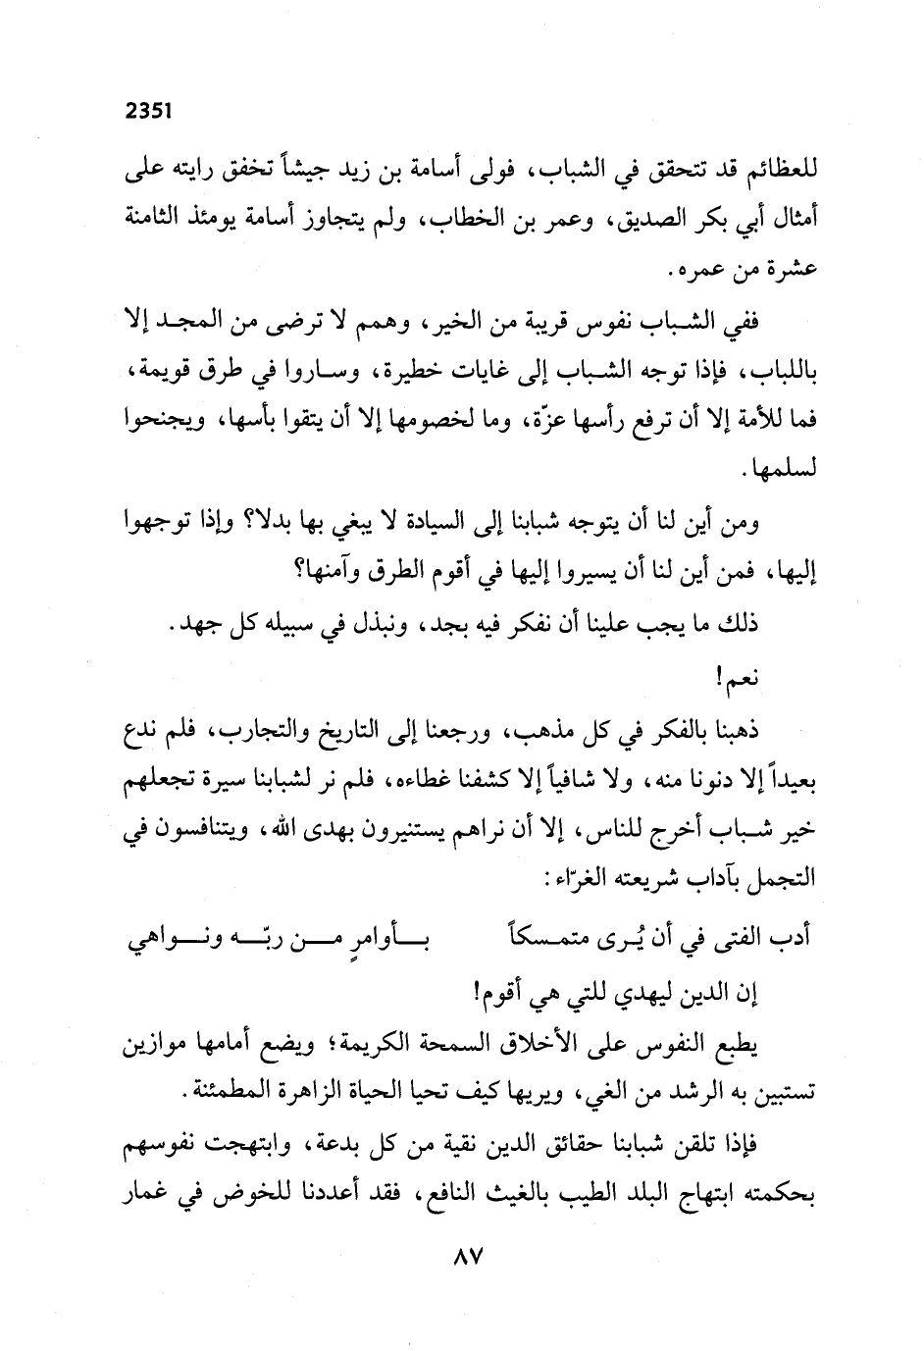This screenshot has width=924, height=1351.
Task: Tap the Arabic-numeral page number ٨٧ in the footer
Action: coord(462,1258)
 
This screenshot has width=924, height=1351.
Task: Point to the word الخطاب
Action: coord(455,219)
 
